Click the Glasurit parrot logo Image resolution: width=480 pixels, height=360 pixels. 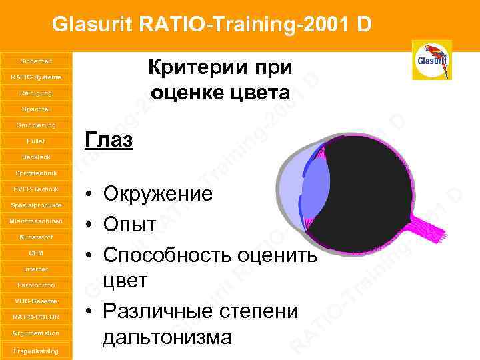coord(432,59)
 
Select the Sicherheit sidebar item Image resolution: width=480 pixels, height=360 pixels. coord(35,61)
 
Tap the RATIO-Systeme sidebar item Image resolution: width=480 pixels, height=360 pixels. coord(35,77)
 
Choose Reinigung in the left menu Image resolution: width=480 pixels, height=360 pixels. coord(35,93)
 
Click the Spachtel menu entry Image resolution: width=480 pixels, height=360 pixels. coord(35,109)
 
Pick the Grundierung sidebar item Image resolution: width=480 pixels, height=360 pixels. coord(35,125)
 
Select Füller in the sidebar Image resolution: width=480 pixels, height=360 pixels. coord(35,141)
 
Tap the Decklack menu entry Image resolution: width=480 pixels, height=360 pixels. coord(35,157)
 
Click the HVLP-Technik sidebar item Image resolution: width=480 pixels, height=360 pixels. coord(35,189)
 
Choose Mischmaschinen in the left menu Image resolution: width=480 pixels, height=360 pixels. coord(35,221)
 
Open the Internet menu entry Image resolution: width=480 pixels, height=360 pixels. coord(35,269)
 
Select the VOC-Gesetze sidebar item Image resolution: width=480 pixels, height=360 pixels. coord(35,301)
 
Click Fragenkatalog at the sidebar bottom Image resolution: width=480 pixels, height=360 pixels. coord(35,350)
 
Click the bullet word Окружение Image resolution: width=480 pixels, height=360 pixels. coord(157,195)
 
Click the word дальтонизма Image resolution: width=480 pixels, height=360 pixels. coord(167,337)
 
